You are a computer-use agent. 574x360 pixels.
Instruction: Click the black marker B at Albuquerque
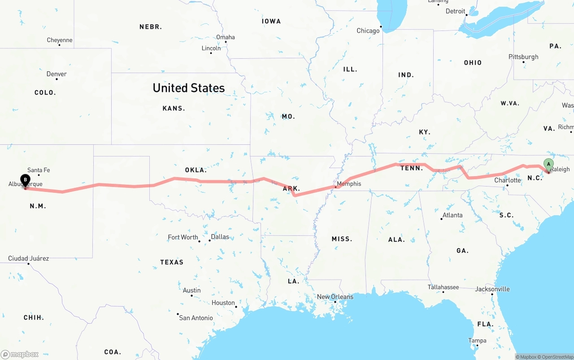tap(26, 180)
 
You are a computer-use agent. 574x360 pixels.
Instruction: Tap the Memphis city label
tap(348, 184)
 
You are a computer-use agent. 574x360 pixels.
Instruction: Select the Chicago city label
tap(368, 31)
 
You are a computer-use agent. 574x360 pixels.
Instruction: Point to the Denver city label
tap(57, 74)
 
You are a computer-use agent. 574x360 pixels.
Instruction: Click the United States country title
tap(188, 88)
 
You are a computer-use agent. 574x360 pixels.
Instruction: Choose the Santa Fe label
tap(39, 170)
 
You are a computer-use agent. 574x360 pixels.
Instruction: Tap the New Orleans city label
tap(335, 297)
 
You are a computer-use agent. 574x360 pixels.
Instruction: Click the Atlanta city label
tap(452, 215)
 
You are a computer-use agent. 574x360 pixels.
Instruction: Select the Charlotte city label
tap(508, 180)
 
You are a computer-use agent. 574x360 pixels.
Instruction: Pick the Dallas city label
tap(220, 237)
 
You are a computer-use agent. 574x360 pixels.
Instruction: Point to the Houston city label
tap(223, 303)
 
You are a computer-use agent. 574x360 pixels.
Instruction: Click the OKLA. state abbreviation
tap(196, 170)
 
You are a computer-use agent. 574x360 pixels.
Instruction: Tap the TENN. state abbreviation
tap(411, 168)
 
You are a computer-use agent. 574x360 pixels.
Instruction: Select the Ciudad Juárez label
tap(28, 258)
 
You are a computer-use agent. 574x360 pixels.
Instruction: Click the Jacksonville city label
tap(492, 289)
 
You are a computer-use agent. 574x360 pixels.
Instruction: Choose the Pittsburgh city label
tap(523, 57)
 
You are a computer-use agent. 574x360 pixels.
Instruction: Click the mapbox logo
tap(20, 354)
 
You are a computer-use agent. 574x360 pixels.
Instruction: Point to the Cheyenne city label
tap(60, 40)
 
